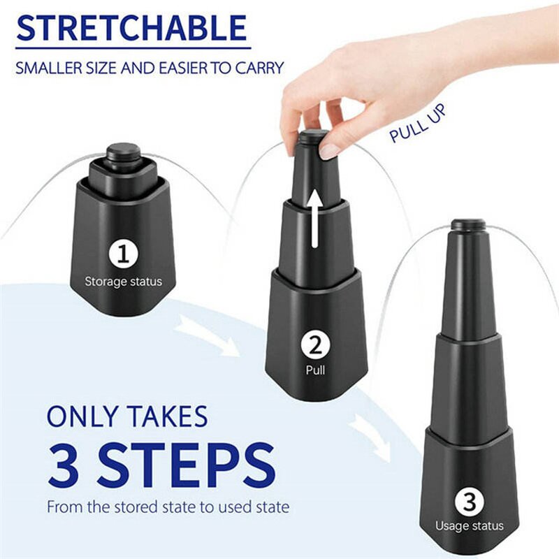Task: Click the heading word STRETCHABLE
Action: (132, 28)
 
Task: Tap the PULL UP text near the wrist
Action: (417, 124)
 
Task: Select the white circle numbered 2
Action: (315, 345)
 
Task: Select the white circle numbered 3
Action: (469, 500)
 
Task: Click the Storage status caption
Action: (123, 282)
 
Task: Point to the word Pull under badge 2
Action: (315, 371)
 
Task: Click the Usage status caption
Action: (469, 525)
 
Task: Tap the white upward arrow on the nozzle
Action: (315, 221)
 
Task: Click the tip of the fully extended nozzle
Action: (468, 225)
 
